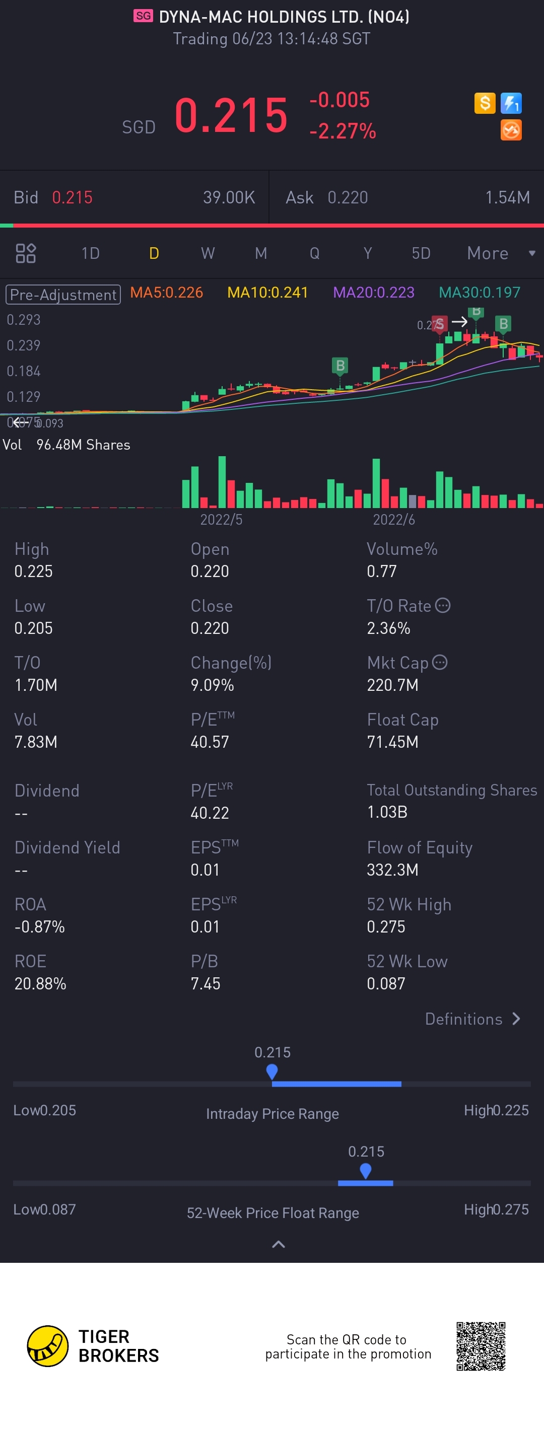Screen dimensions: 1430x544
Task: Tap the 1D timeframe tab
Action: pyautogui.click(x=91, y=253)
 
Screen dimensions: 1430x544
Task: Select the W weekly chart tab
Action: pyautogui.click(x=208, y=253)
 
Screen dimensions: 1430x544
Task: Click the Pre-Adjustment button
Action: pyautogui.click(x=63, y=294)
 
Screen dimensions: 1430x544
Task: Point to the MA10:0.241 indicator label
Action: pyautogui.click(x=267, y=293)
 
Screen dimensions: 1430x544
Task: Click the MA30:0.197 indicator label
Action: pyautogui.click(x=479, y=293)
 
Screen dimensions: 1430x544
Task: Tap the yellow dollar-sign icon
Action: pyautogui.click(x=485, y=103)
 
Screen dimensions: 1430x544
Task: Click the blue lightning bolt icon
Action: pyautogui.click(x=511, y=103)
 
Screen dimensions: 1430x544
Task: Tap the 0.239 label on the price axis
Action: pyautogui.click(x=23, y=345)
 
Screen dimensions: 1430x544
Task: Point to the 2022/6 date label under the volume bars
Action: pyautogui.click(x=393, y=520)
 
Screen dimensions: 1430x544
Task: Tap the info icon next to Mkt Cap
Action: pyautogui.click(x=440, y=662)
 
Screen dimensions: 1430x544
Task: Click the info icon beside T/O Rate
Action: pyautogui.click(x=442, y=605)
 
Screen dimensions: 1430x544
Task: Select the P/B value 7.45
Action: pyautogui.click(x=206, y=984)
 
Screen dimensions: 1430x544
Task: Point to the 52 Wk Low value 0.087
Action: pyautogui.click(x=386, y=984)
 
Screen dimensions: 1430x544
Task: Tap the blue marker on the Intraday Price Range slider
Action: pyautogui.click(x=272, y=1071)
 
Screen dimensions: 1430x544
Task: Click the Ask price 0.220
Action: pyautogui.click(x=348, y=197)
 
